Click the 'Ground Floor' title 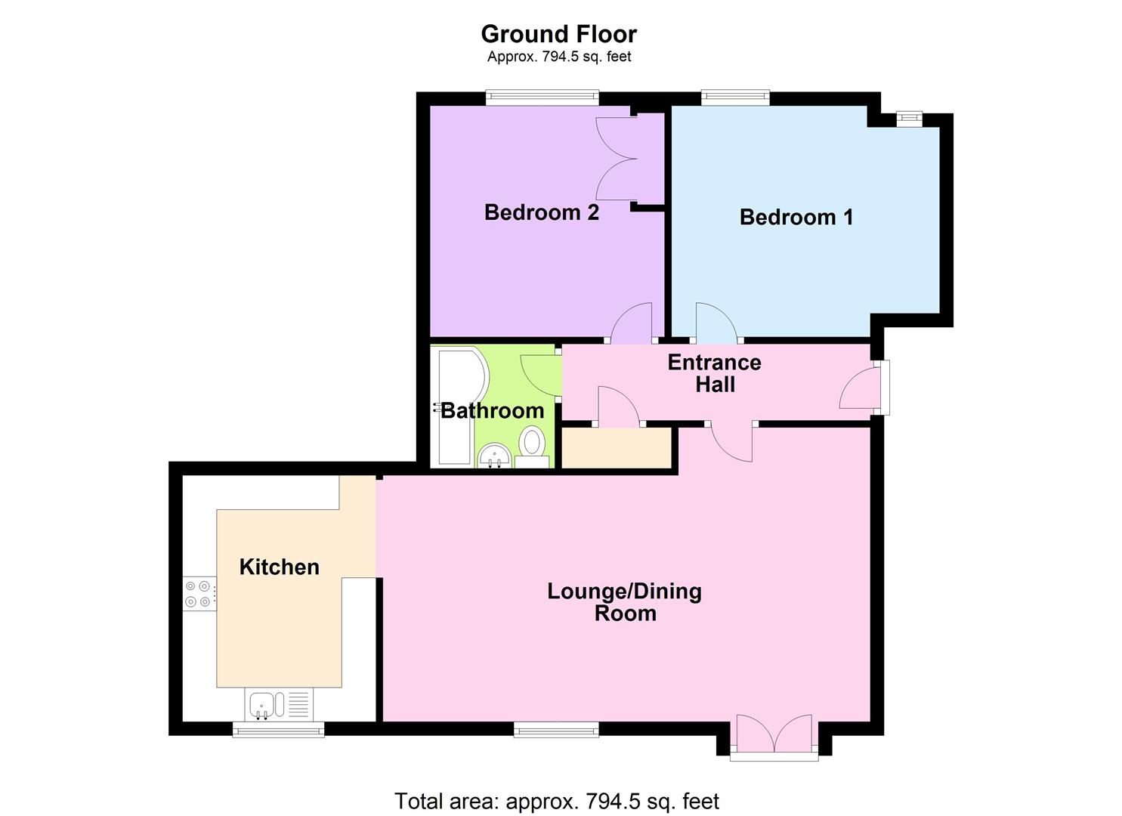click(x=558, y=34)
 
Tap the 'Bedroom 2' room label click(x=541, y=212)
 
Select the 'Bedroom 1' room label click(x=796, y=218)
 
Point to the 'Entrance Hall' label click(x=714, y=373)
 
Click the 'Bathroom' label click(x=492, y=410)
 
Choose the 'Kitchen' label click(x=279, y=567)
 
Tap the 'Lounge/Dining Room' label click(x=624, y=601)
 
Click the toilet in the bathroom click(x=533, y=446)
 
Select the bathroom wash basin click(x=494, y=456)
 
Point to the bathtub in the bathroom click(x=452, y=408)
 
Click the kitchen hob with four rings click(x=199, y=593)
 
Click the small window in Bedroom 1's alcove click(x=909, y=118)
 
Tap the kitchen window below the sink click(x=278, y=729)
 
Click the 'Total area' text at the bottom click(x=557, y=800)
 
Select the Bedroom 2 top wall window click(x=542, y=97)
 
